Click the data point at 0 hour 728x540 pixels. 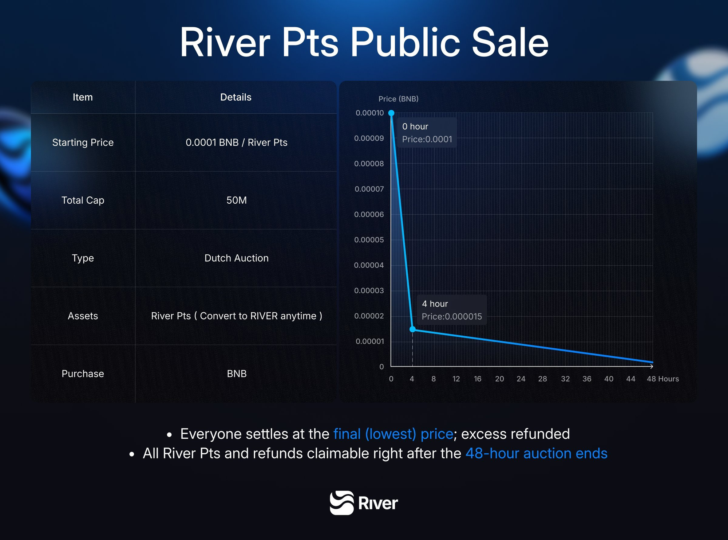tap(391, 113)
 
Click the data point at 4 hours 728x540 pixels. tap(413, 329)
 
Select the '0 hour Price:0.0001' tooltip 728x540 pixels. tap(427, 133)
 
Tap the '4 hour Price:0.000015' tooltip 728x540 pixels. tap(451, 310)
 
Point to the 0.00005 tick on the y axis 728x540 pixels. tap(369, 240)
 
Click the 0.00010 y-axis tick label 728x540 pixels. tap(369, 113)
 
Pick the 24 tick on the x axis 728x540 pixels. tap(521, 379)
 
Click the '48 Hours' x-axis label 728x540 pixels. tap(662, 379)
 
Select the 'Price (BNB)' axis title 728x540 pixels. tap(398, 99)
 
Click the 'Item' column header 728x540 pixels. tap(83, 97)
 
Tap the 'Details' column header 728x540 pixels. tap(236, 97)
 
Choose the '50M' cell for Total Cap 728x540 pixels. tap(237, 200)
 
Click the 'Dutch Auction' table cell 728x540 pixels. tap(237, 258)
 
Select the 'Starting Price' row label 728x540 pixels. tap(83, 142)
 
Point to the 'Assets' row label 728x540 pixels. tap(83, 316)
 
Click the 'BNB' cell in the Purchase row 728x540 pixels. tap(237, 374)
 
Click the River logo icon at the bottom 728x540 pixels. tap(341, 503)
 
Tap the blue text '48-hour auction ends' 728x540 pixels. tap(536, 454)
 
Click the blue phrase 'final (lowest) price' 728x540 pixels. tap(393, 434)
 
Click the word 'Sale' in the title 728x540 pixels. tap(510, 43)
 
